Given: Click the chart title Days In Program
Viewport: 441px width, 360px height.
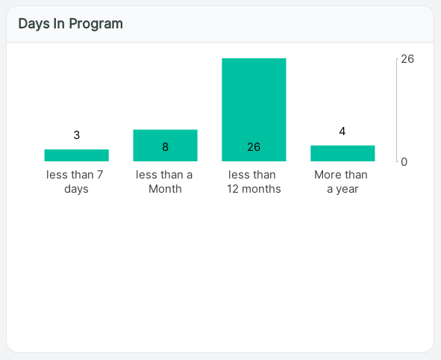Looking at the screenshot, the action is (x=71, y=24).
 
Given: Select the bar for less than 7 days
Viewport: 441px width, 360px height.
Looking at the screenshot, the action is (x=77, y=155).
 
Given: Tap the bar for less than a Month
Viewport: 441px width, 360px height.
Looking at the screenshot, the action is (x=166, y=146).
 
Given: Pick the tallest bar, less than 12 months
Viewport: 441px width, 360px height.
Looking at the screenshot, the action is (x=254, y=110).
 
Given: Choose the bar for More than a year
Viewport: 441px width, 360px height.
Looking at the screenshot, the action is (x=343, y=153).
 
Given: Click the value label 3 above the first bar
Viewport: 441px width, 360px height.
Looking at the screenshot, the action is (x=77, y=135).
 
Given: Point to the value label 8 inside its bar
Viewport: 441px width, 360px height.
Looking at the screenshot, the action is (x=166, y=147).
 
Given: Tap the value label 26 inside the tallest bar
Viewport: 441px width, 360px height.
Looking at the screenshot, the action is (x=254, y=147).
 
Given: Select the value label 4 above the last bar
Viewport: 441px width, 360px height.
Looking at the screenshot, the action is (x=343, y=131).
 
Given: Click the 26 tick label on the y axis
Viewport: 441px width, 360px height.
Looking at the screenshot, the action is (x=407, y=59).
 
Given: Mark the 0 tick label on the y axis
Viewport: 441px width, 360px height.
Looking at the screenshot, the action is (x=404, y=162).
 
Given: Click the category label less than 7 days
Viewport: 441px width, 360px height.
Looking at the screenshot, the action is (x=75, y=181).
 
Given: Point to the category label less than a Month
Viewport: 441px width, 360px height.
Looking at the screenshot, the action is (x=164, y=181).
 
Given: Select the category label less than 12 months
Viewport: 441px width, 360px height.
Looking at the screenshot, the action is (x=254, y=181).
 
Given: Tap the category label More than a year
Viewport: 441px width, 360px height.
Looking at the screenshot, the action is (x=341, y=181).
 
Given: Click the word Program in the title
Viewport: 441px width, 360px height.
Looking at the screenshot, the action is (x=96, y=24).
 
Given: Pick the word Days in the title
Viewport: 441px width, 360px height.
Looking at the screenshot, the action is (x=34, y=24).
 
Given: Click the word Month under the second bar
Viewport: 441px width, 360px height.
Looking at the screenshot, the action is (x=165, y=189).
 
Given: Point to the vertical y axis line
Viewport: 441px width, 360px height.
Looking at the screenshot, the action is (x=397, y=110).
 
